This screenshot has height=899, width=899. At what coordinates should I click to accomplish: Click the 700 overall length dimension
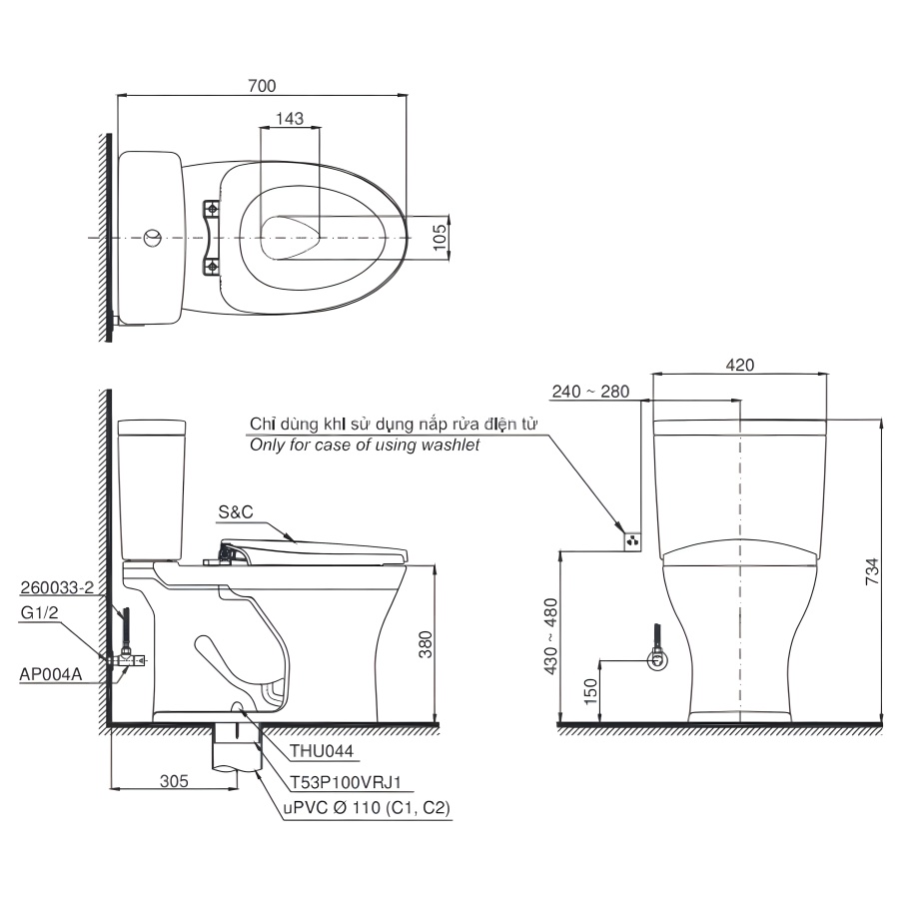point(262,86)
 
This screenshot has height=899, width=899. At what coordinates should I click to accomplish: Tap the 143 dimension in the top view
point(290,118)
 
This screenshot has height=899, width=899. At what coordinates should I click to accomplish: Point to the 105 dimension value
point(440,238)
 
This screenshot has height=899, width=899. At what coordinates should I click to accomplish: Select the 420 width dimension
point(739,365)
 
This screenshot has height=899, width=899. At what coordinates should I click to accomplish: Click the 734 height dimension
point(871,570)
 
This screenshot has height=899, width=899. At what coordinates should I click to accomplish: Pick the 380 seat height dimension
point(425,644)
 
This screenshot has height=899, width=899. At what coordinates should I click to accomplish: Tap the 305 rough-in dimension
point(174,781)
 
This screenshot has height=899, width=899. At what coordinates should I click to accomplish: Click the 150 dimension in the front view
point(590,691)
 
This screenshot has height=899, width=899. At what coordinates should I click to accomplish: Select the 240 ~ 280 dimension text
point(590,391)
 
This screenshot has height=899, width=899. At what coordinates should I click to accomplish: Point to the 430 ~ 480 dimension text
point(549,636)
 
